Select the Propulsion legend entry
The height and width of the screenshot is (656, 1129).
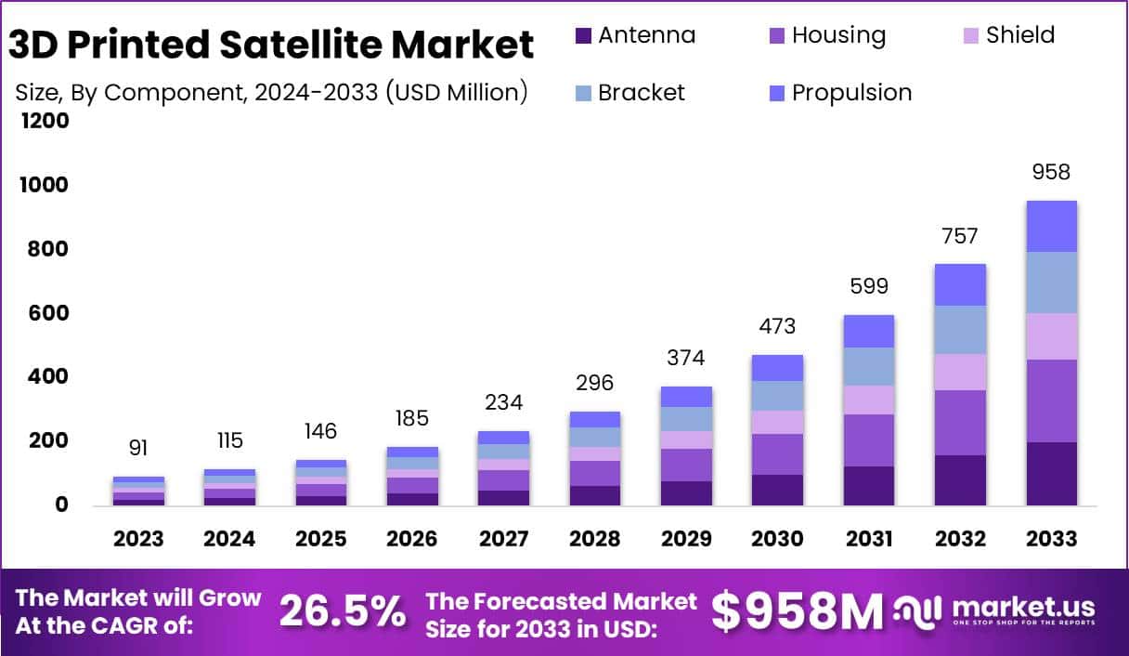pos(840,93)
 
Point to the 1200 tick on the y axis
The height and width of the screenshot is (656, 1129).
pos(44,121)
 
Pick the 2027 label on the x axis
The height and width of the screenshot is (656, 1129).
pos(503,540)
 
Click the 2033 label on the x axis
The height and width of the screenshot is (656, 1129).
pos(1051,540)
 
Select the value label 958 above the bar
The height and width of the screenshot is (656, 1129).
pos(1051,172)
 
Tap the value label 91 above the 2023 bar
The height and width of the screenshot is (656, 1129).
pos(138,448)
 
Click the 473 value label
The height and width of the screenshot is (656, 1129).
pos(777,326)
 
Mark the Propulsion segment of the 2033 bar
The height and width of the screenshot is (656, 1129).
pos(1051,226)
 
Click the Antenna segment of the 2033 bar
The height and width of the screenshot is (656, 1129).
pos(1051,473)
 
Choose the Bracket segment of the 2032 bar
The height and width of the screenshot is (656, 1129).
pos(960,329)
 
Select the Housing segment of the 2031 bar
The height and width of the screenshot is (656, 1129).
pos(868,440)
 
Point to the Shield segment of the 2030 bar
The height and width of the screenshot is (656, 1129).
pos(777,422)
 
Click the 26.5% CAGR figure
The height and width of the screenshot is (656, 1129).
pos(343,611)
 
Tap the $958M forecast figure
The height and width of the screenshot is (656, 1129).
pos(798,611)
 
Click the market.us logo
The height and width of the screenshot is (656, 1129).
pos(994,610)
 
